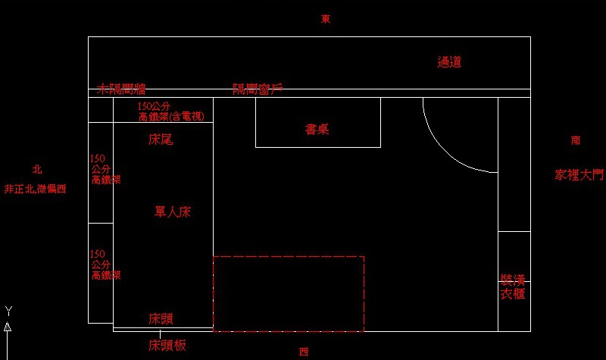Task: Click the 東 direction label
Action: coord(326,19)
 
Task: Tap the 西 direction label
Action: coord(304,351)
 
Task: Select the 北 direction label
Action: coord(37,170)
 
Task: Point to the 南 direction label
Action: coord(576,140)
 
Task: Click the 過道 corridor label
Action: coord(449,62)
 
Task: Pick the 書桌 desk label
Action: coord(317,130)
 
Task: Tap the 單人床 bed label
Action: coord(173,212)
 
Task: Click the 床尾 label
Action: coord(161,139)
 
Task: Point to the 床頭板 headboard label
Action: coord(167,346)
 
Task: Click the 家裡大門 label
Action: coord(579,175)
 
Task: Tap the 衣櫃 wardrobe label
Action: coord(512,293)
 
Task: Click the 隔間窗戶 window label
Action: coord(258,89)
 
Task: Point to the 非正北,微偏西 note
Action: coord(35,189)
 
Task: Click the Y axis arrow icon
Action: coord(8,326)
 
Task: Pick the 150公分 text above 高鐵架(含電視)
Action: coord(156,107)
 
